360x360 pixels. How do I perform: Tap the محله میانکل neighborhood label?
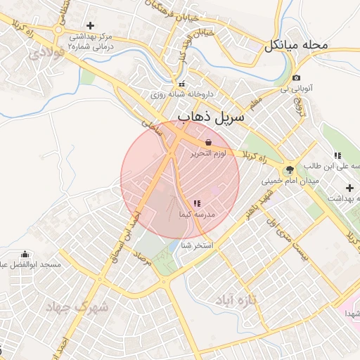tap(296, 46)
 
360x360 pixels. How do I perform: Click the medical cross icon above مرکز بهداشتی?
tap(90, 25)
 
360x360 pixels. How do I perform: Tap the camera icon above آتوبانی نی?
tap(297, 77)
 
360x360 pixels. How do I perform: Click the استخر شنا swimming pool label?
tap(196, 246)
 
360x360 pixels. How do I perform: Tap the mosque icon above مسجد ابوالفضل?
tap(26, 254)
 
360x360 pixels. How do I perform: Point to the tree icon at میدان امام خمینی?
tap(289, 170)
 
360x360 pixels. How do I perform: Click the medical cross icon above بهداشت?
tap(349, 188)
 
